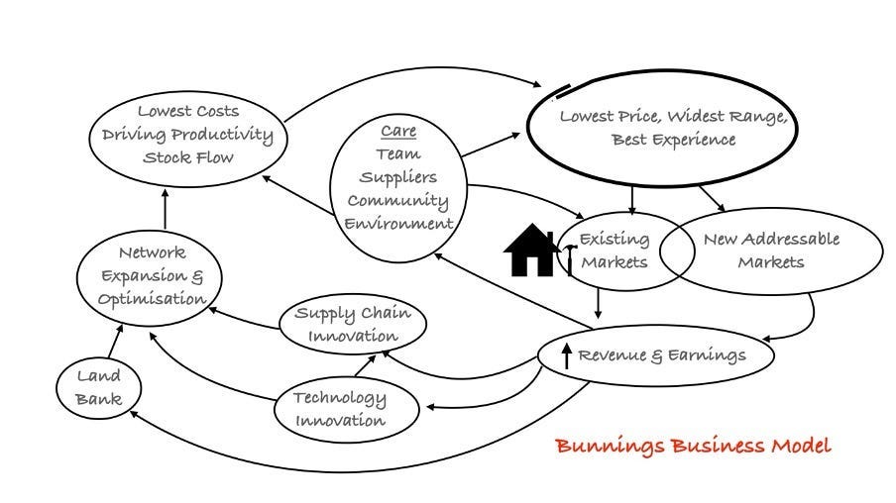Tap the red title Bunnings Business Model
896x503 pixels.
click(x=692, y=445)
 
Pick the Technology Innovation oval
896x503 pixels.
click(x=339, y=408)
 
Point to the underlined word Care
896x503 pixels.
click(x=398, y=131)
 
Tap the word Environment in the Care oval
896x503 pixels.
click(x=397, y=223)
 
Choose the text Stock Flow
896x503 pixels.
click(x=187, y=156)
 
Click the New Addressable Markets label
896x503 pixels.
click(x=770, y=250)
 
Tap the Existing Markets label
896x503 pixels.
click(x=614, y=250)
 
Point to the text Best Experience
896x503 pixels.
click(x=673, y=140)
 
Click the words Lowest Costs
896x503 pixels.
click(x=187, y=111)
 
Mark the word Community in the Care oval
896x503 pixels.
click(x=397, y=200)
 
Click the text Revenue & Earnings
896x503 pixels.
click(x=661, y=354)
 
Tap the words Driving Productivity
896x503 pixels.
click(x=187, y=134)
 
